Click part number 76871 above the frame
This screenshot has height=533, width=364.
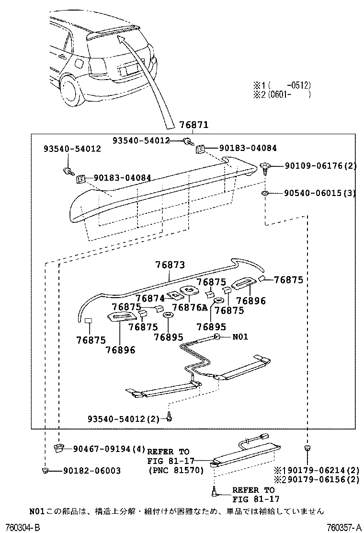point(194,126)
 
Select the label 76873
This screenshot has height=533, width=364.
point(170,265)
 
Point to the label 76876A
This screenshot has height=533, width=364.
point(190,307)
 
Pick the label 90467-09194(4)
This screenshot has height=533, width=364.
point(109,449)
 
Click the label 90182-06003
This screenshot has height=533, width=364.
point(91,471)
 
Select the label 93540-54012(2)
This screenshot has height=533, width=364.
point(124,419)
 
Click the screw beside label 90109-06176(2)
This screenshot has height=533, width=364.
point(265,168)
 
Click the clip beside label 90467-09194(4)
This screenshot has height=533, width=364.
point(58,448)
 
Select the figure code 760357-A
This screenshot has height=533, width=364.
point(343,527)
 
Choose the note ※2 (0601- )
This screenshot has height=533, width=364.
point(283,94)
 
